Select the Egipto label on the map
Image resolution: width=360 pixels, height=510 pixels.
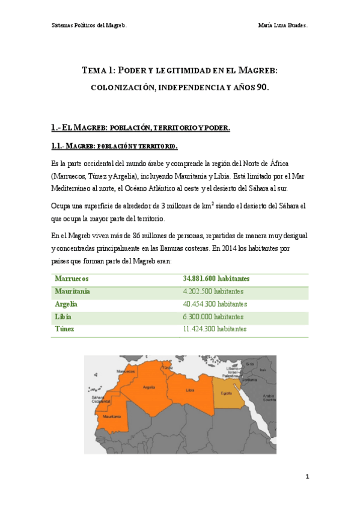[x=226, y=393]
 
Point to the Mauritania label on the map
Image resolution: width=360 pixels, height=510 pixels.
[x=112, y=416]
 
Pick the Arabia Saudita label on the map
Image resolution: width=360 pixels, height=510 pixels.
[x=267, y=397]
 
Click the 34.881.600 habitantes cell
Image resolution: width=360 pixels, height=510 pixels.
[x=216, y=278]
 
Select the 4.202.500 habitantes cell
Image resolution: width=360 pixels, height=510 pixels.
[x=213, y=291]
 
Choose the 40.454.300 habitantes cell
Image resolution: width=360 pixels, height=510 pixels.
[x=215, y=304]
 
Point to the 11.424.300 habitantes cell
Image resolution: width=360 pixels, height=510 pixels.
[x=215, y=329]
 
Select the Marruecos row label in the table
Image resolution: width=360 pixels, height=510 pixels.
[x=72, y=278]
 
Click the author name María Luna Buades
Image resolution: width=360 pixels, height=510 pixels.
[x=282, y=25]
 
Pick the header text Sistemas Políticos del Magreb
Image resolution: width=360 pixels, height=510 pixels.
[x=88, y=25]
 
